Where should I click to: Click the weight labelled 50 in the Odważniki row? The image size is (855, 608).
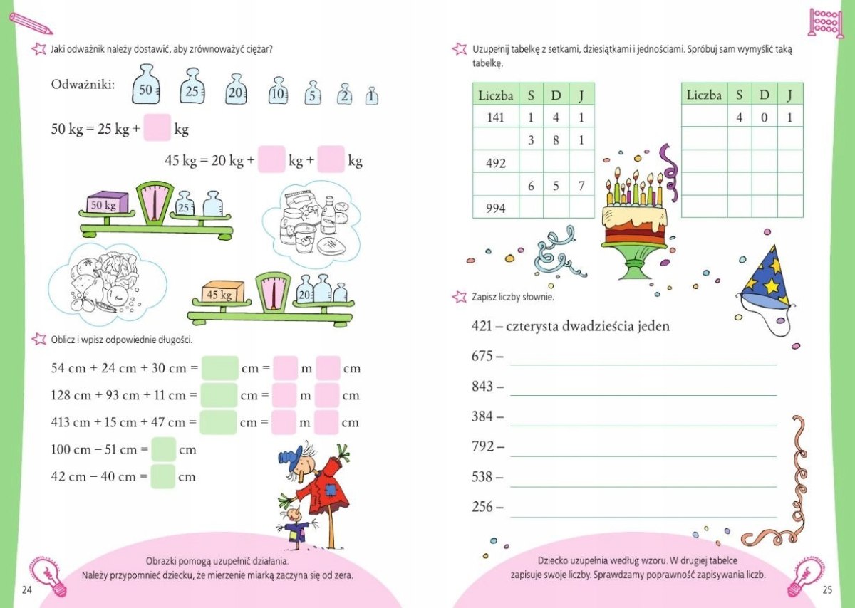tap(146, 84)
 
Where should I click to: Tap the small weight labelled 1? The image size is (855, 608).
tap(371, 95)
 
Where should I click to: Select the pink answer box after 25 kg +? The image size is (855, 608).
tap(157, 127)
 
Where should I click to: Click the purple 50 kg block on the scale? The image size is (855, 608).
tap(108, 202)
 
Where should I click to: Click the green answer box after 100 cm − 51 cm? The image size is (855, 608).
tap(163, 449)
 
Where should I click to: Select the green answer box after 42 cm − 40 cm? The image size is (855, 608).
tap(163, 476)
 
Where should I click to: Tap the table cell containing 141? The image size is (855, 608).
tap(496, 117)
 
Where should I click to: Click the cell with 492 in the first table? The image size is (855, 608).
tap(496, 162)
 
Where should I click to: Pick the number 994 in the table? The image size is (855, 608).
tap(496, 208)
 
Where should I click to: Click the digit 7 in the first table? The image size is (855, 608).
tap(581, 185)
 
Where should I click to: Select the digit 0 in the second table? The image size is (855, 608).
tap(764, 117)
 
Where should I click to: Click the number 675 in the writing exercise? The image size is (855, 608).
tap(482, 355)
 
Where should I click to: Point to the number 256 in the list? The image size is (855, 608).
tap(482, 506)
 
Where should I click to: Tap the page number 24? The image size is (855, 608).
tap(27, 589)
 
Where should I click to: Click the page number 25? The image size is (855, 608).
tap(827, 589)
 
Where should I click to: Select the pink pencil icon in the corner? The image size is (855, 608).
tap(31, 23)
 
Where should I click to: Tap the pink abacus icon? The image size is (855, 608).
tap(825, 23)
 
